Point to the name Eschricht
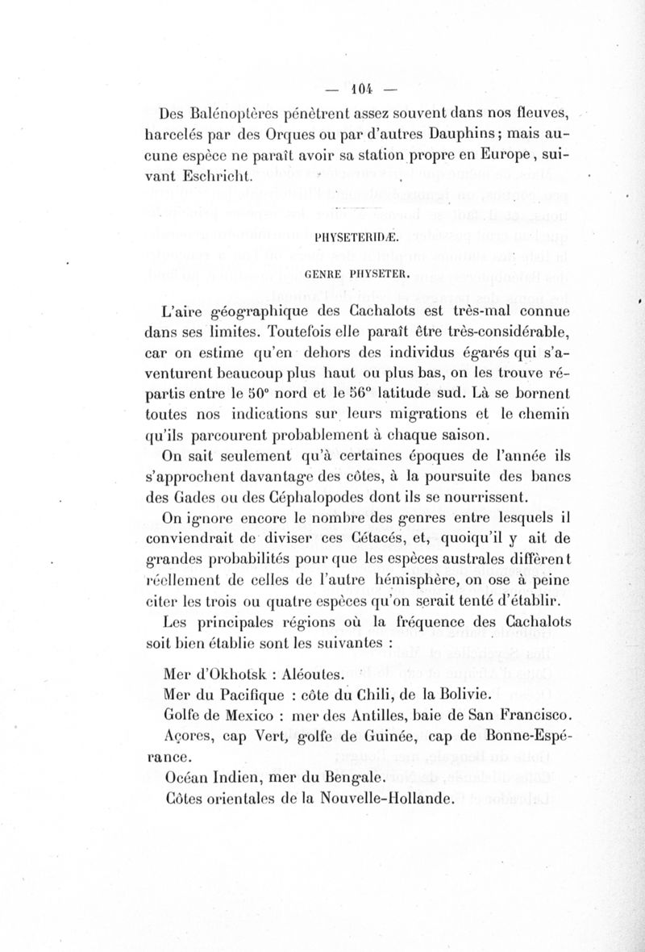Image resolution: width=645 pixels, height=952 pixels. coord(218,175)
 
